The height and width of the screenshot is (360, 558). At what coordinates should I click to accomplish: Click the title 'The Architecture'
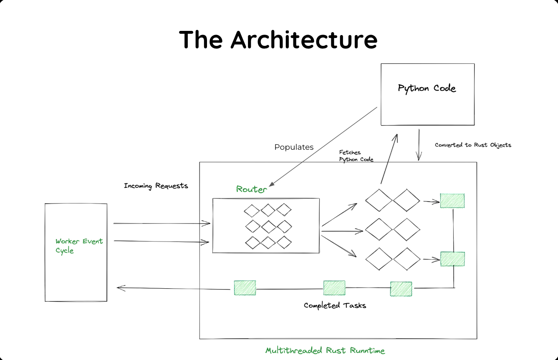(278, 39)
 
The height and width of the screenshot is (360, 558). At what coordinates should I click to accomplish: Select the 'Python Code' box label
(427, 88)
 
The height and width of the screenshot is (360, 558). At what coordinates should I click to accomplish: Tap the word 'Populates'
(294, 147)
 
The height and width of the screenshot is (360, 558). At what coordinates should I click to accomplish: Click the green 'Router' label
(251, 189)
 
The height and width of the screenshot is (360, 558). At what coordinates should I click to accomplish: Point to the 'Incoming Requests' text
(156, 186)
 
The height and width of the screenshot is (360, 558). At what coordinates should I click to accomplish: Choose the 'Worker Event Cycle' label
(79, 246)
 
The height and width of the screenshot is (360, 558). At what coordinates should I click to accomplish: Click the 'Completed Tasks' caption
(335, 305)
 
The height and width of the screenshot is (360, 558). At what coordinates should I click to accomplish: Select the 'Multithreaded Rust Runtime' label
(325, 350)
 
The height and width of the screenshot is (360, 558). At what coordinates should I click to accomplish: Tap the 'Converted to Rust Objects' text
(473, 145)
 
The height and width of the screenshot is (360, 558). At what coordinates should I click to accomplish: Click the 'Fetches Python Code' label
(356, 156)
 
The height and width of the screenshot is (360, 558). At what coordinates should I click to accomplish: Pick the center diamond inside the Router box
(269, 227)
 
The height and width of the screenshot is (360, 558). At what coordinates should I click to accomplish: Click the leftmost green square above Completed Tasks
(245, 288)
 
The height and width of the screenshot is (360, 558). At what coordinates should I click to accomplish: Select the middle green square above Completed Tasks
(334, 288)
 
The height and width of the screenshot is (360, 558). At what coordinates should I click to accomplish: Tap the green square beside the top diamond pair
(452, 201)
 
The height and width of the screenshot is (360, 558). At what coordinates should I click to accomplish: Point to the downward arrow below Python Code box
(419, 145)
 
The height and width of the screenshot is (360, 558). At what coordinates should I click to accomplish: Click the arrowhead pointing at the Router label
(272, 184)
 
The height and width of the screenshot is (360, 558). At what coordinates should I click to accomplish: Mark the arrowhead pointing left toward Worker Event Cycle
(121, 288)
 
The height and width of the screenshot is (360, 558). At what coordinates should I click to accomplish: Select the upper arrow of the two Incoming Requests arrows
(162, 223)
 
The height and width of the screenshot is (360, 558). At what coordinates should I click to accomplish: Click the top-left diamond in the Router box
(252, 211)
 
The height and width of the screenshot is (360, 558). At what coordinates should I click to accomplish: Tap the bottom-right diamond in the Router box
(284, 242)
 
